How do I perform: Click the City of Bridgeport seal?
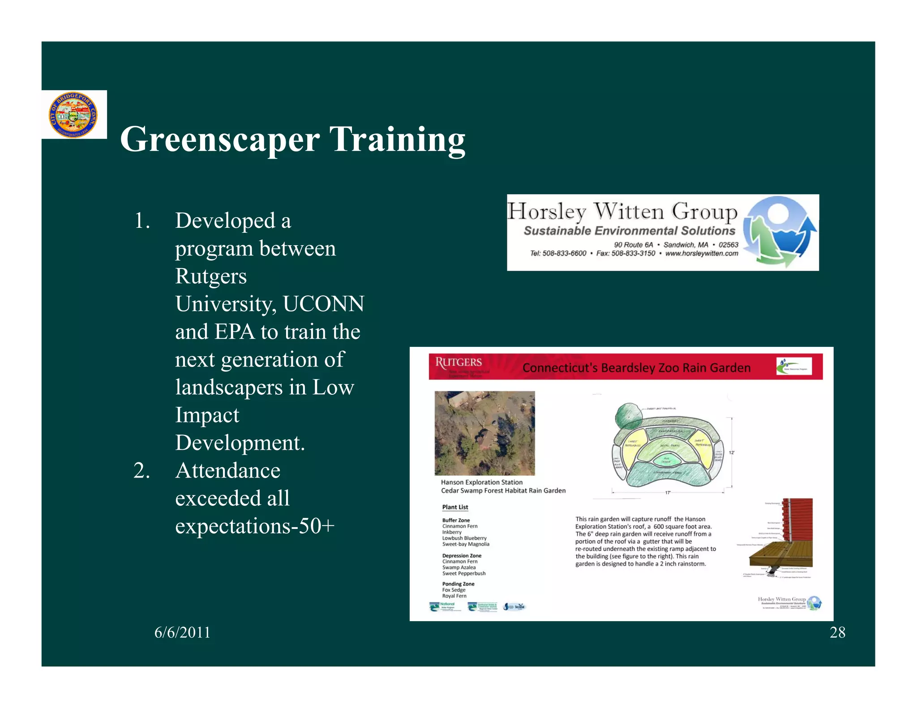click(73, 115)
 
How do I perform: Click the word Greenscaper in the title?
click(219, 139)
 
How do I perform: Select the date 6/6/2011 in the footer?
click(182, 632)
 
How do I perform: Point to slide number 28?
click(837, 632)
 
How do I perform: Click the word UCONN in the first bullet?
click(324, 304)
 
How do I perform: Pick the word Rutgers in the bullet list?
click(211, 276)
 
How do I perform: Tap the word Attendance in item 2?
click(227, 470)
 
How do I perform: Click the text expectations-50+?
click(255, 526)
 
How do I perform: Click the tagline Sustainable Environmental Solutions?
click(629, 231)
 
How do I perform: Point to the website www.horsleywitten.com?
click(702, 254)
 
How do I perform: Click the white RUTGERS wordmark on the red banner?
click(458, 362)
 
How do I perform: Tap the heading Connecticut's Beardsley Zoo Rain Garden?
click(636, 368)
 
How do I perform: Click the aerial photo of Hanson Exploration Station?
click(484, 433)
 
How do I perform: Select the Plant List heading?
click(455, 507)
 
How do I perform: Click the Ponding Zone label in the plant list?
click(458, 584)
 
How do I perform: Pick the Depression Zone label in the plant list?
click(462, 555)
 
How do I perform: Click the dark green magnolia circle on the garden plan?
click(629, 416)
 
